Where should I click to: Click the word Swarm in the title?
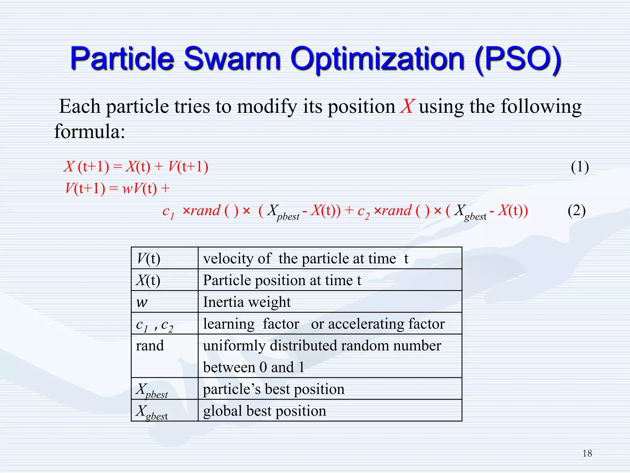pos(232,59)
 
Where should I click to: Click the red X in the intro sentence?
pos(408,107)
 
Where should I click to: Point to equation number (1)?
pos(580,167)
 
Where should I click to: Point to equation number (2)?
pos(576,211)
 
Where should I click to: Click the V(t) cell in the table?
pos(149,258)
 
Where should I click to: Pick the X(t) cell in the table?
pos(148,280)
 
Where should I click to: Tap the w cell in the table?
pos(142,302)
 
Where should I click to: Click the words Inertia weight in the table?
pos(247,302)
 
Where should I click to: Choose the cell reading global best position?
pos(265,411)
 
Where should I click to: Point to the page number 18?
pos(587,453)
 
